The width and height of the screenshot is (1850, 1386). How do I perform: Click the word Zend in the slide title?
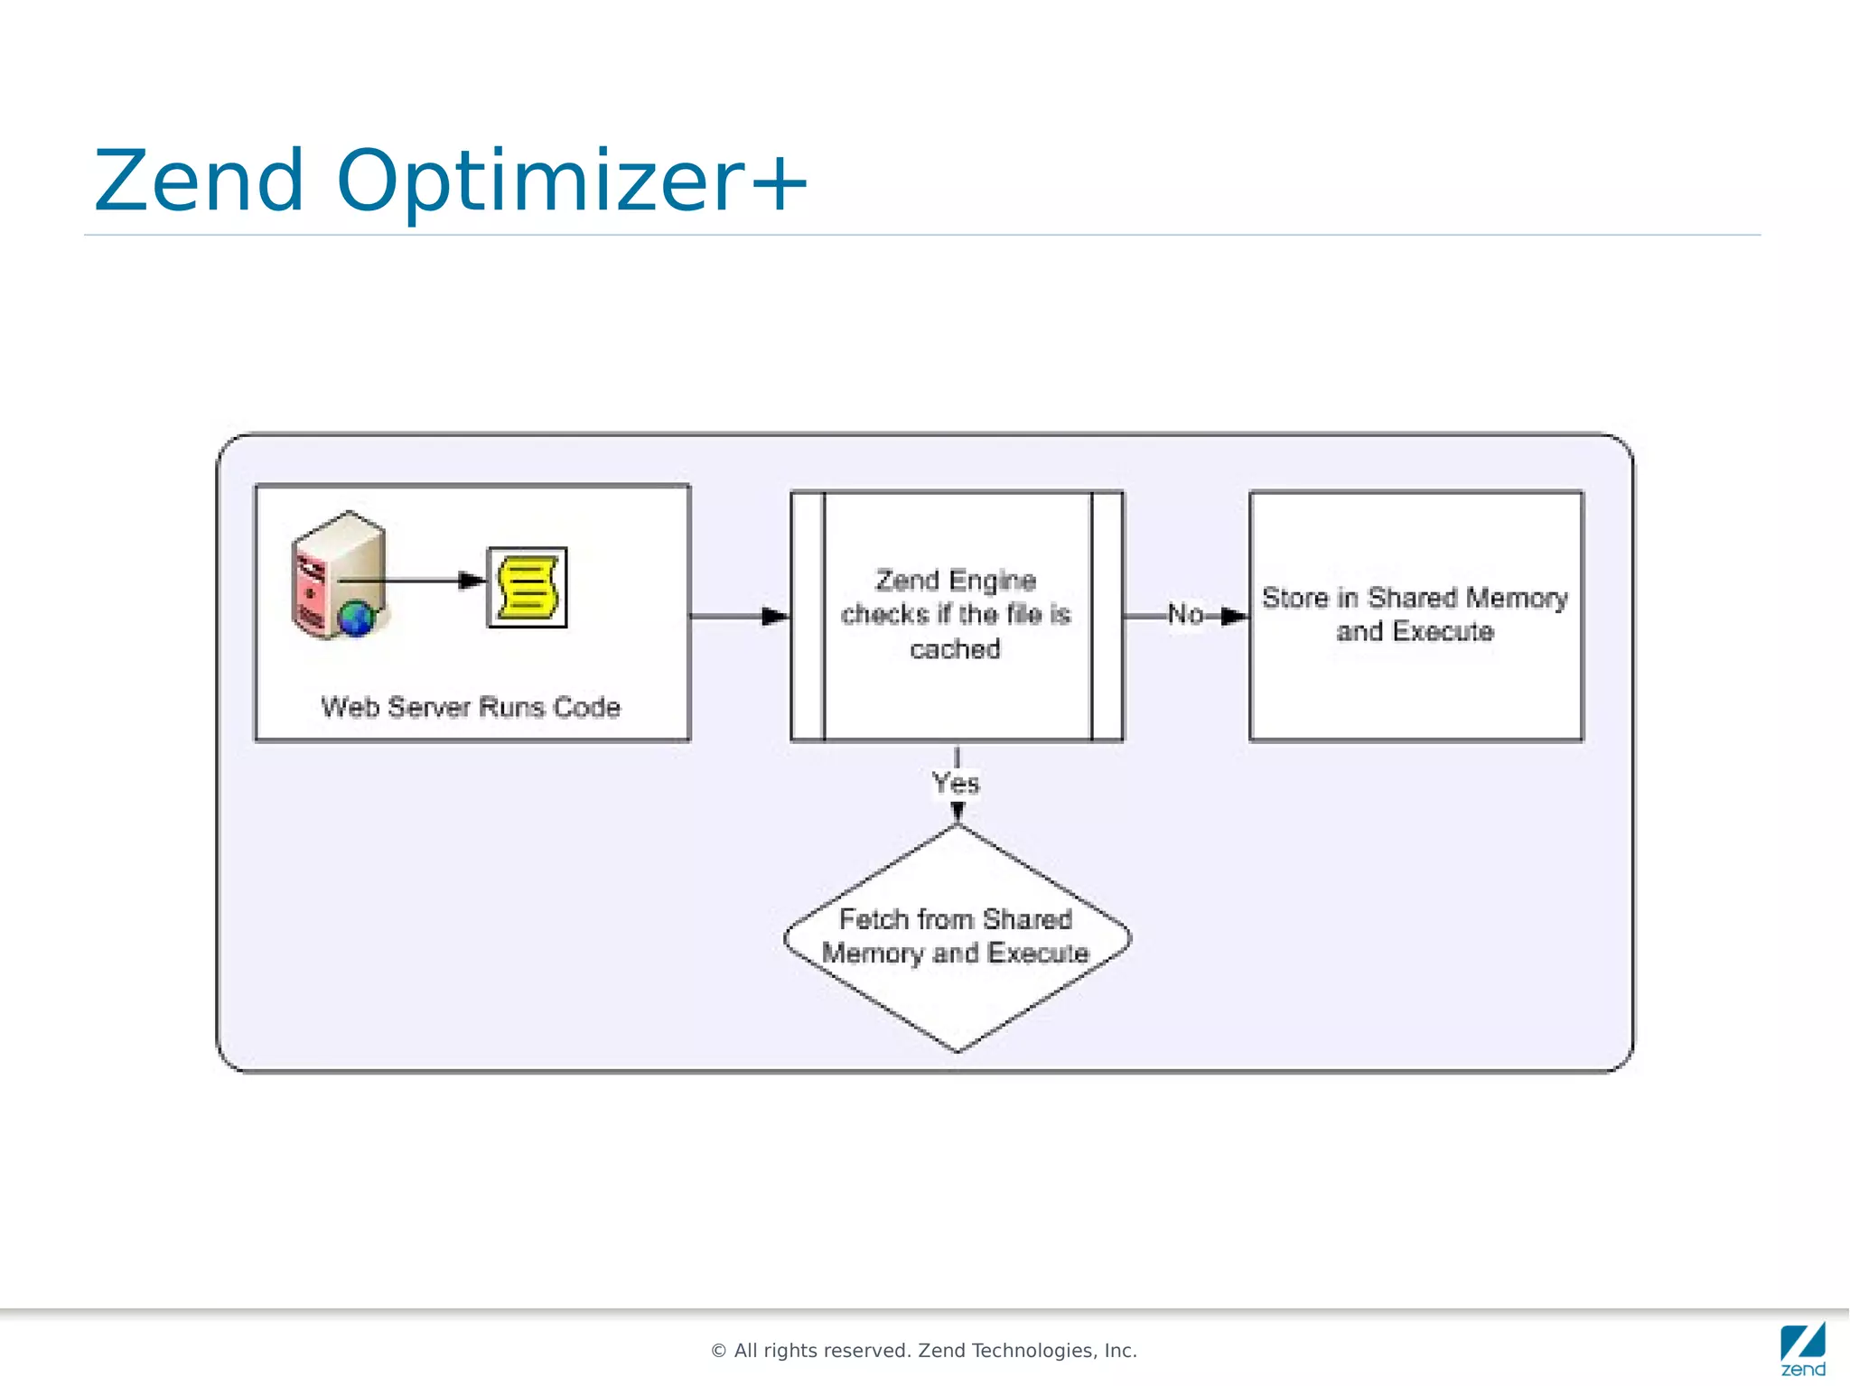(199, 181)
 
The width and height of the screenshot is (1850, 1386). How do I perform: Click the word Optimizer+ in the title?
(571, 181)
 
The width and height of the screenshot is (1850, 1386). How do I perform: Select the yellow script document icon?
(528, 588)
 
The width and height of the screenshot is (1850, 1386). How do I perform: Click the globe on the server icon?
(356, 619)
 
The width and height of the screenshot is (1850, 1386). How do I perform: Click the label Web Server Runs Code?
(471, 707)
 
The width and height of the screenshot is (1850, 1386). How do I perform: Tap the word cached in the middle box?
(955, 649)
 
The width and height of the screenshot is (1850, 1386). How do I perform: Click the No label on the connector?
(1185, 615)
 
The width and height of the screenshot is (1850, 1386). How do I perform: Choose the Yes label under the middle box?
(956, 782)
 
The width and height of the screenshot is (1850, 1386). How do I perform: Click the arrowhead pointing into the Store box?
(1235, 617)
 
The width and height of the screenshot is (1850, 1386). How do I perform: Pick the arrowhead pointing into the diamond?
(958, 813)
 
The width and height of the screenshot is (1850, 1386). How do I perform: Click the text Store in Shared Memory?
(1415, 598)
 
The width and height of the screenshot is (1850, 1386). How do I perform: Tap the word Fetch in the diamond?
(873, 919)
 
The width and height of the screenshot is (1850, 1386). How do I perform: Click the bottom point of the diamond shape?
(958, 1051)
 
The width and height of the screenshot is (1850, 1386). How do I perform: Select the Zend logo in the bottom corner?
(1803, 1350)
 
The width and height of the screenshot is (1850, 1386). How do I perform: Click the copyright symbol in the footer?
(719, 1351)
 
